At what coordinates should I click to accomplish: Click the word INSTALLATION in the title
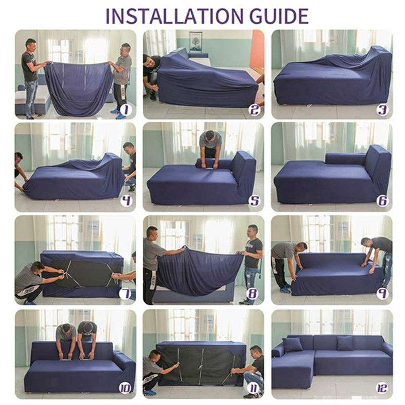tap(174, 16)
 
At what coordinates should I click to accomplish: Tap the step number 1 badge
tap(126, 110)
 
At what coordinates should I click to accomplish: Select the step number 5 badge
tap(254, 201)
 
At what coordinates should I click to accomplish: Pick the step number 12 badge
tap(382, 388)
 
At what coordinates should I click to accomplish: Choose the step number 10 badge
tap(125, 388)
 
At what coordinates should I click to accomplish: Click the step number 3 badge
tap(382, 110)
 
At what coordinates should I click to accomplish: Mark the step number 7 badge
tap(125, 294)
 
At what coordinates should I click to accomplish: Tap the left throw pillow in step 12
tap(293, 345)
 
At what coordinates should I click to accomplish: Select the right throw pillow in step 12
tap(345, 343)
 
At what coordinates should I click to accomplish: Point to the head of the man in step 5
tap(210, 136)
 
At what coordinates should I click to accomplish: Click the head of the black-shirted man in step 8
tap(252, 231)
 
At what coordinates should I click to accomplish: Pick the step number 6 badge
tap(382, 201)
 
